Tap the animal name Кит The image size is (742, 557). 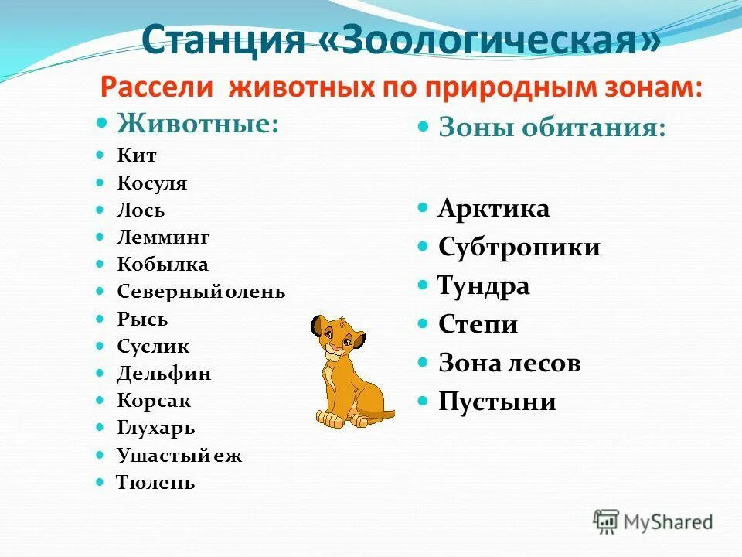click(137, 156)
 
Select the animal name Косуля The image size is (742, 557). click(152, 183)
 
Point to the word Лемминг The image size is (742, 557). click(163, 237)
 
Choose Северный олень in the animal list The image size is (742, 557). click(201, 292)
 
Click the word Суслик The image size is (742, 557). click(153, 347)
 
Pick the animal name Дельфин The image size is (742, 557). click(164, 374)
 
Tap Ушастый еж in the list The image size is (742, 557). click(179, 456)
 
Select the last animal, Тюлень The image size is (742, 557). click(155, 484)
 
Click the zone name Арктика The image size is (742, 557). click(494, 208)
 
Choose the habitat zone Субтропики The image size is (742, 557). click(519, 247)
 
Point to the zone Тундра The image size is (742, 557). click(483, 285)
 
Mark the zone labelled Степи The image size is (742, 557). click(478, 324)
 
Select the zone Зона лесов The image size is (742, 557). click(509, 363)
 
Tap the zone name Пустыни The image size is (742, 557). click(497, 402)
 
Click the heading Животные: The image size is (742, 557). click(197, 122)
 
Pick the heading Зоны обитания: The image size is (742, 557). click(552, 128)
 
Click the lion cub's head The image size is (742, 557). click(338, 337)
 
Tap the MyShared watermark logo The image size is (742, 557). click(653, 521)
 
